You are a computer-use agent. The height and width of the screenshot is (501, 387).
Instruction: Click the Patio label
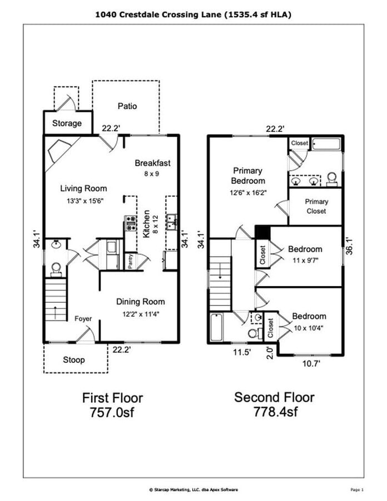(x=127, y=106)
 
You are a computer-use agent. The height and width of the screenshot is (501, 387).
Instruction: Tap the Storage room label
(x=67, y=123)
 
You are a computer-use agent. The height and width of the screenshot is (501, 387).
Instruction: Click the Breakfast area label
(x=152, y=163)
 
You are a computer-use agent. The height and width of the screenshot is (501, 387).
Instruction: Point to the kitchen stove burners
(x=131, y=223)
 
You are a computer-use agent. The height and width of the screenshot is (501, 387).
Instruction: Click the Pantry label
(x=130, y=261)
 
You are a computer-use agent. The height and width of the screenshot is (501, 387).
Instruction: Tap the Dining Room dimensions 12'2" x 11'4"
(x=140, y=313)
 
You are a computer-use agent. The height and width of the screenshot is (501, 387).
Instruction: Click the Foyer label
(x=83, y=318)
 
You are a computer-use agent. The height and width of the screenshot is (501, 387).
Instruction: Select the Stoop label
(x=73, y=360)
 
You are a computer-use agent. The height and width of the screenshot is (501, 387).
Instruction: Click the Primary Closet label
(x=316, y=207)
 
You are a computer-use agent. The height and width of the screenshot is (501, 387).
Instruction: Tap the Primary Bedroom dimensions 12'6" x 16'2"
(x=248, y=192)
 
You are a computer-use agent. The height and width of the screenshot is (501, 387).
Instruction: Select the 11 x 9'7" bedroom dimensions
(x=305, y=260)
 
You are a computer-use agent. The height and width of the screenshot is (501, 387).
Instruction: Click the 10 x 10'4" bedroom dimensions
(x=309, y=328)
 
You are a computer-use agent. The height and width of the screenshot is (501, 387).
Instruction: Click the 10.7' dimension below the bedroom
(x=310, y=364)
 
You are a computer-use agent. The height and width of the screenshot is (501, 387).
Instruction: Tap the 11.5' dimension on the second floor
(x=240, y=352)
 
